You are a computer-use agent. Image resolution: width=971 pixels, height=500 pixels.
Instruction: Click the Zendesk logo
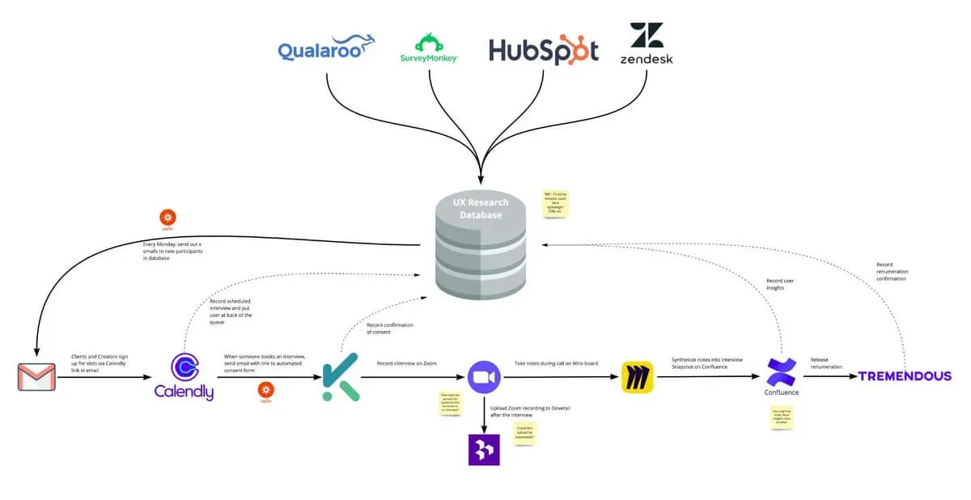click(646, 44)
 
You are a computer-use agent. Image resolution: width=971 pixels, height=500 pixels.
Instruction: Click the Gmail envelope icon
click(36, 377)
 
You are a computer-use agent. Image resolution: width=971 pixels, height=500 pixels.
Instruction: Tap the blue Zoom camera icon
click(484, 376)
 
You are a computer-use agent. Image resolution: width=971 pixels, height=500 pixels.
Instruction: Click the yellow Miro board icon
click(637, 377)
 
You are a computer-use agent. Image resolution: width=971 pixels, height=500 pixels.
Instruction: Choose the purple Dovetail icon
click(484, 449)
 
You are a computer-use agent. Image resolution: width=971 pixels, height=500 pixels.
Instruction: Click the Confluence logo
click(781, 376)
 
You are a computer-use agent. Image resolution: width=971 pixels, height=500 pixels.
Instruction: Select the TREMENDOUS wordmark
click(905, 376)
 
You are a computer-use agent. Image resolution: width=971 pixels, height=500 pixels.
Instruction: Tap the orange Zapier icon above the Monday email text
click(168, 218)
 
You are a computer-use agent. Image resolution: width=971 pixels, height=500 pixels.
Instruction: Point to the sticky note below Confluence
click(782, 417)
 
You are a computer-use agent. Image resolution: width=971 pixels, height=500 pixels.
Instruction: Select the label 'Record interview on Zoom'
click(406, 363)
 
